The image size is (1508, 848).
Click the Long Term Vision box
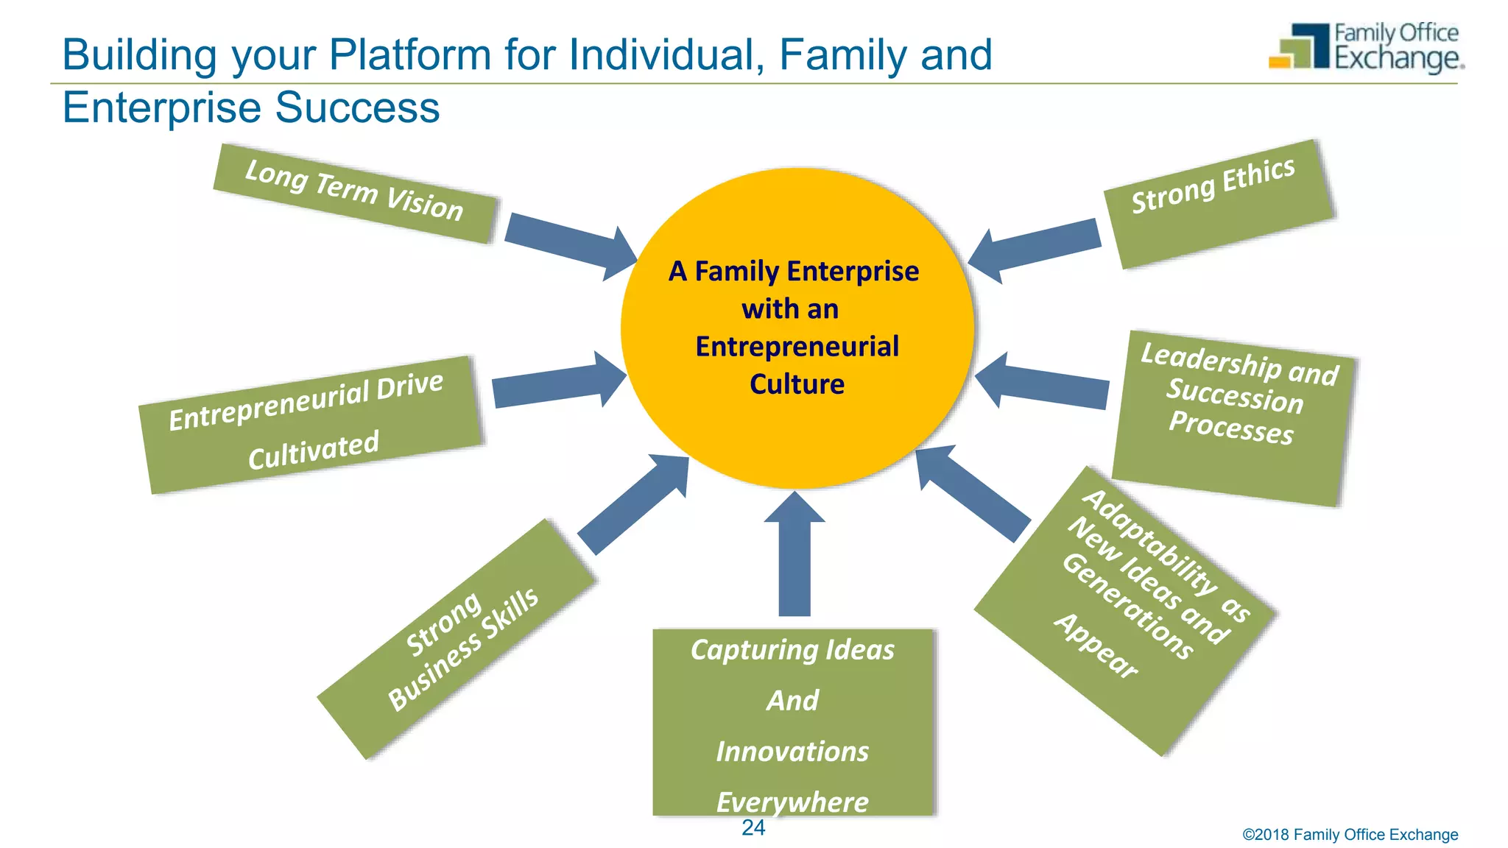[x=355, y=193]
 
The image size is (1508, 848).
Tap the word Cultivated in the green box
[x=314, y=450]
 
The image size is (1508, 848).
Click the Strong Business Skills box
[x=457, y=639]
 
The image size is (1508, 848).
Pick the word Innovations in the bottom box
[x=792, y=752]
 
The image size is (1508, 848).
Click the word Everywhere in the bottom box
[x=792, y=802]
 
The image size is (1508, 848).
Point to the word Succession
[x=1235, y=395]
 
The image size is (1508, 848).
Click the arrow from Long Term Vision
[x=570, y=245]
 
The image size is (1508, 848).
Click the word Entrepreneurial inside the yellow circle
[x=797, y=347]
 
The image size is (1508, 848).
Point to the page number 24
[x=753, y=828]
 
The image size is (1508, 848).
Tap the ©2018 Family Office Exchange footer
[x=1350, y=835]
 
